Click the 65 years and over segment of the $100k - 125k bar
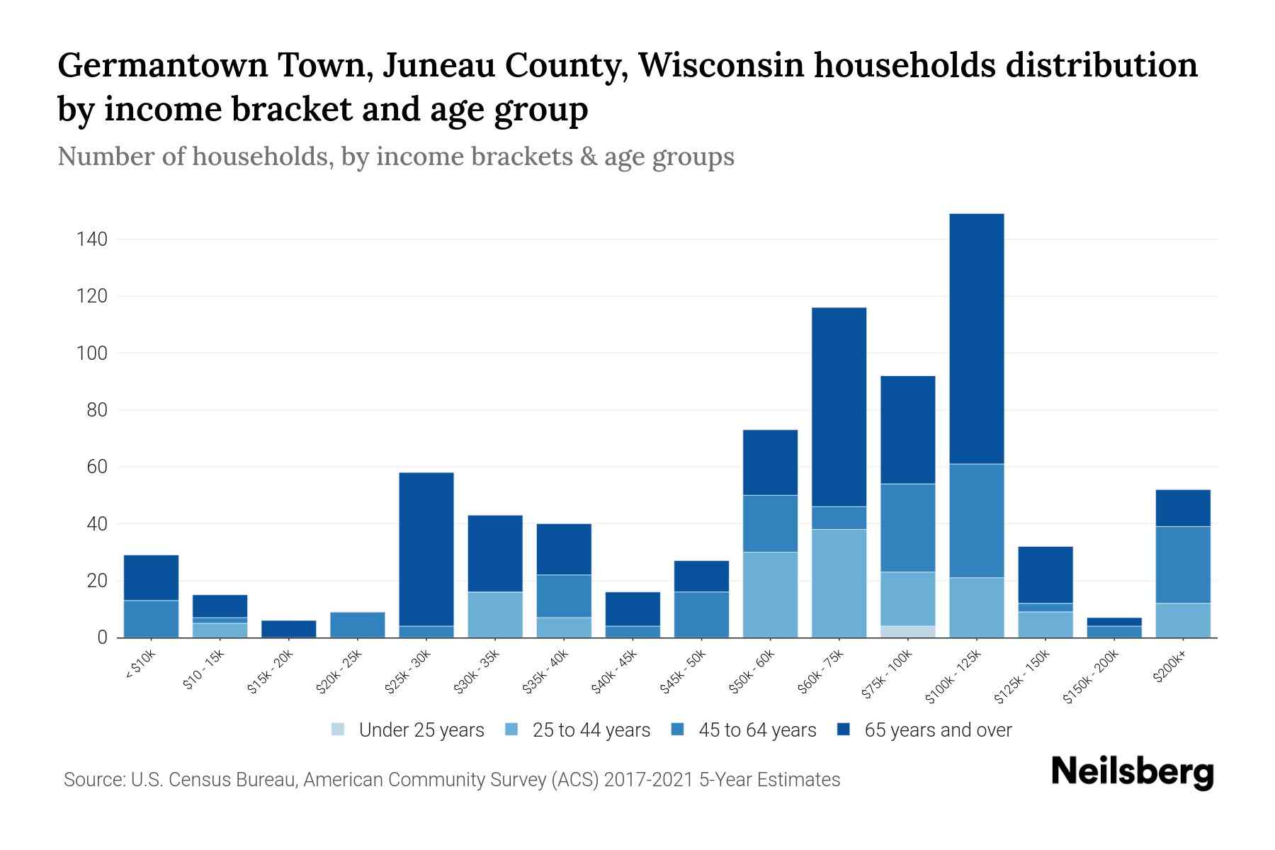tap(976, 339)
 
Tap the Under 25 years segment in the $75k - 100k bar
tap(907, 631)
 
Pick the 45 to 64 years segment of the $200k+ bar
tap(1183, 565)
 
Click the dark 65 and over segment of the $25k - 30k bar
tap(426, 549)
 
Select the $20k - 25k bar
tap(358, 625)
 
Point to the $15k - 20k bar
tap(289, 629)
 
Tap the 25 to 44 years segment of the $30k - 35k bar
tap(495, 614)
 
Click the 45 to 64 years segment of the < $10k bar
tap(151, 618)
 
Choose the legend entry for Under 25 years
tap(408, 730)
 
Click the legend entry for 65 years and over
tap(924, 730)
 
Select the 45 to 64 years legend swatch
tap(678, 730)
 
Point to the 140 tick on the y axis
tap(92, 239)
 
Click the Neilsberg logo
tap(1133, 771)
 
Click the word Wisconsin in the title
tap(720, 65)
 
